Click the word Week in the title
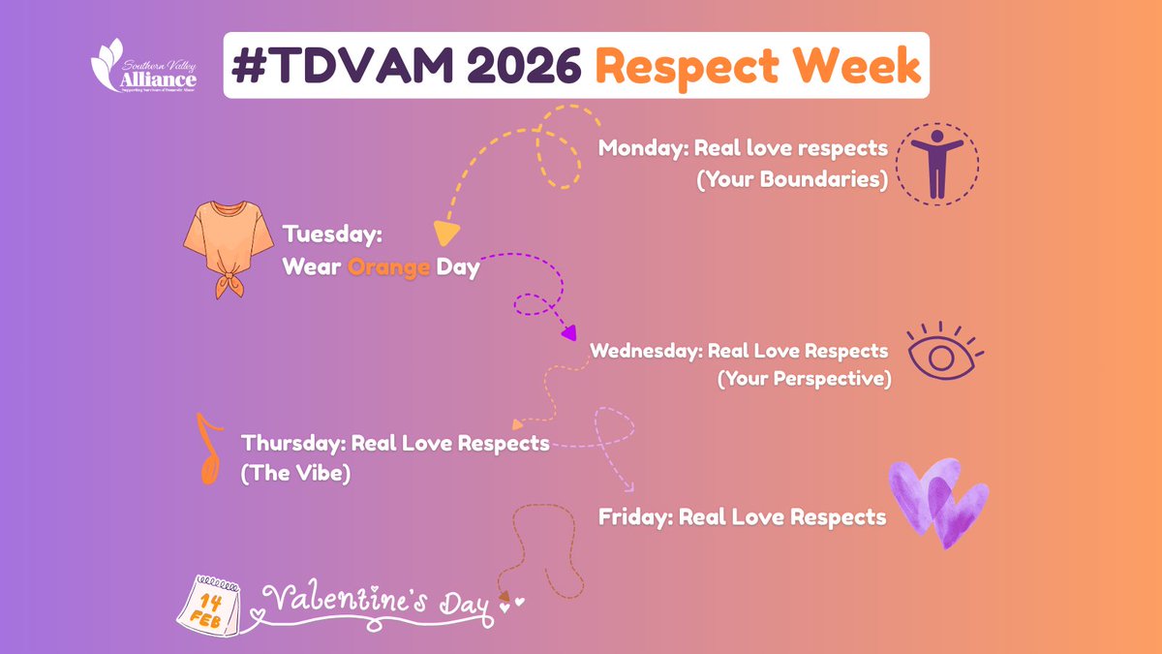[857, 66]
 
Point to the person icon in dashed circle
[935, 164]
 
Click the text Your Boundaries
[791, 180]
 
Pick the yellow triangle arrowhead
[445, 233]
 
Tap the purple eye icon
[942, 353]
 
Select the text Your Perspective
[804, 379]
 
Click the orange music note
[207, 449]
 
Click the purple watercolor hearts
[937, 503]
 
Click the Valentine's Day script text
[378, 602]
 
